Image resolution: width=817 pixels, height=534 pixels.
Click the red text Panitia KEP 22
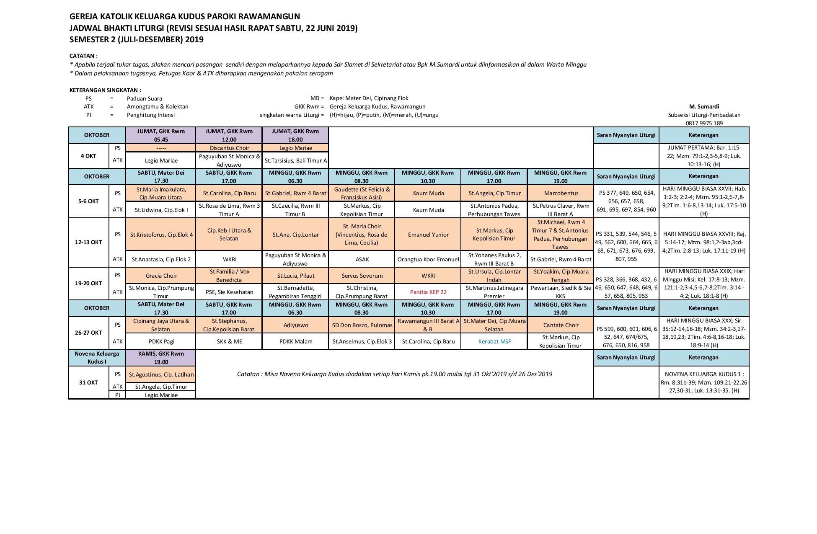(428, 292)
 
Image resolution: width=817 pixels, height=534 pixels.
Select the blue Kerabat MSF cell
(494, 341)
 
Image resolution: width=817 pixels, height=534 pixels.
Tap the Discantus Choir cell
(229, 148)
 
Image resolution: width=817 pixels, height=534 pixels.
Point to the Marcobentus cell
(561, 193)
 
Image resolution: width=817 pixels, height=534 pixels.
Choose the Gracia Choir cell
(161, 276)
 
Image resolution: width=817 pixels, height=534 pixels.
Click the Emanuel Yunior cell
(428, 235)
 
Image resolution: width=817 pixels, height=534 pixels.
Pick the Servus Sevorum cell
(362, 276)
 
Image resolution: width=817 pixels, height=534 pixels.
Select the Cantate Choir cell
(561, 325)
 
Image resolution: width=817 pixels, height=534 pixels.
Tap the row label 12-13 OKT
(88, 242)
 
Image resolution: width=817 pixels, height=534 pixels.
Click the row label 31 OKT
(88, 382)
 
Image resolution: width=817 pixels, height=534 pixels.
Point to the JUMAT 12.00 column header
(229, 135)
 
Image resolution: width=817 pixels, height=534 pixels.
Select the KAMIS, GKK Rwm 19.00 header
(161, 358)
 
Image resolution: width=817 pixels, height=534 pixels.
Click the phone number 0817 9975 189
(704, 123)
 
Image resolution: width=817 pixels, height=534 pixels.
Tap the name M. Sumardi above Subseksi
(704, 106)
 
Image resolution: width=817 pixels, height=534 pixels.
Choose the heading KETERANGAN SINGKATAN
(105, 90)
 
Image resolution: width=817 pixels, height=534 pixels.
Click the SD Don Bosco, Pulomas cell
(362, 325)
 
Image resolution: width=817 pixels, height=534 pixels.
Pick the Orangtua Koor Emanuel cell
(428, 259)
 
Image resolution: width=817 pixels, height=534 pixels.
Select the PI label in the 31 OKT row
(117, 395)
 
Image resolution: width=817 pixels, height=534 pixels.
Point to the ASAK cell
(362, 259)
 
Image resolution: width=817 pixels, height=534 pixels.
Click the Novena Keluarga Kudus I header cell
(97, 358)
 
